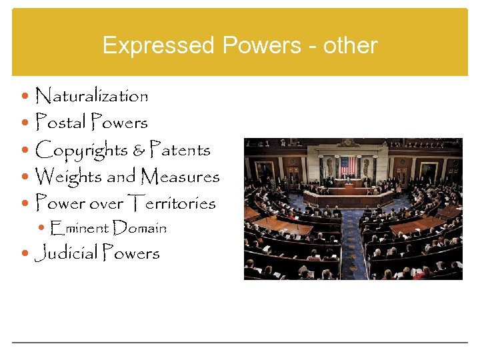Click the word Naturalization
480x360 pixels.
click(91, 96)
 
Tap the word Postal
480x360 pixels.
click(60, 123)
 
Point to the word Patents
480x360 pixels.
click(180, 149)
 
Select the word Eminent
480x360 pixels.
click(79, 228)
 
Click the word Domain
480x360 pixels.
click(139, 228)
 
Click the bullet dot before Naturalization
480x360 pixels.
click(26, 97)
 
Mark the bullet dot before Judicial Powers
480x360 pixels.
click(26, 254)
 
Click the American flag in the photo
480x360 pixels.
click(348, 165)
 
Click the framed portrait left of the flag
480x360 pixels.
click(265, 169)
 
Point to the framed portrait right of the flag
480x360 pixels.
click(429, 169)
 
